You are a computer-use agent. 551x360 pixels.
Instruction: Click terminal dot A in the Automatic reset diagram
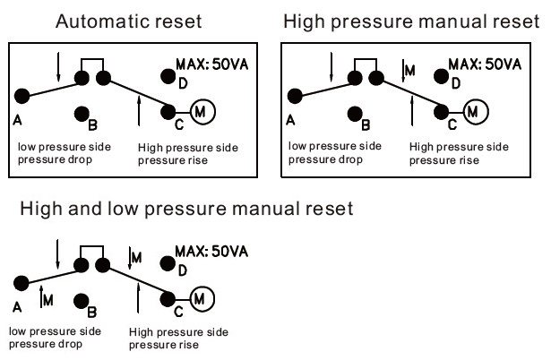point(22,96)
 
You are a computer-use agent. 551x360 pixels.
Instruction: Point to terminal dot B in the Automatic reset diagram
point(82,114)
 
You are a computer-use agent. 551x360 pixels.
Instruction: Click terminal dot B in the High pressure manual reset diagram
point(356,114)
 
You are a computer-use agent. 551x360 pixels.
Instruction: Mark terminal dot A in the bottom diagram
point(20,283)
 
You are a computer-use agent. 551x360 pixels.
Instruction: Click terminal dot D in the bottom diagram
point(166,263)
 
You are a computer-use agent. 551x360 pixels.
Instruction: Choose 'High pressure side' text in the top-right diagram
point(459,147)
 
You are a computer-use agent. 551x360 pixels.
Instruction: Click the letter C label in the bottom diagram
point(178,312)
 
